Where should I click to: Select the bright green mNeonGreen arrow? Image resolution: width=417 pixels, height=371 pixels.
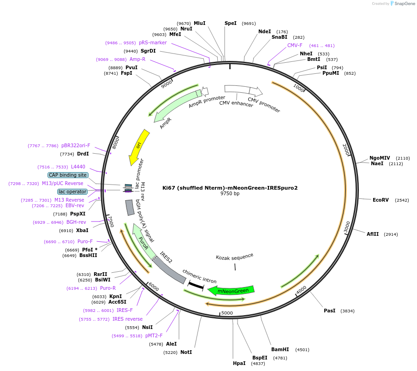tap(232, 291)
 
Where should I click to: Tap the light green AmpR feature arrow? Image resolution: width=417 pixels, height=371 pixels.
tap(177, 106)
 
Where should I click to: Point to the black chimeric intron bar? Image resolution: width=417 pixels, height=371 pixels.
tap(196, 285)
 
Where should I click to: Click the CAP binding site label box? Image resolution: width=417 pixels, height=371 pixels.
tap(68, 175)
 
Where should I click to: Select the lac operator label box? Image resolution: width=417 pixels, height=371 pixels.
tap(72, 191)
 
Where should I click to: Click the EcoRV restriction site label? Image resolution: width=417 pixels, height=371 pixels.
tap(381, 200)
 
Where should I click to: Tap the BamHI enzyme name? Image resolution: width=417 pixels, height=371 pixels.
tap(280, 349)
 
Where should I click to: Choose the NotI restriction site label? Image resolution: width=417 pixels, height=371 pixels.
tap(186, 352)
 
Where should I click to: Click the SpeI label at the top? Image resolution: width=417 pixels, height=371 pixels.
tap(230, 23)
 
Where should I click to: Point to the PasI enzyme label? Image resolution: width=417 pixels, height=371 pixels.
tap(329, 311)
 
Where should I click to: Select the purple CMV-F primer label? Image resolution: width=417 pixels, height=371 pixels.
tap(295, 45)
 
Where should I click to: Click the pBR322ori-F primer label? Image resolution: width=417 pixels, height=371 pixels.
tap(76, 145)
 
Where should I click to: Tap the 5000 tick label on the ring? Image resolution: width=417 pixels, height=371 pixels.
tap(227, 313)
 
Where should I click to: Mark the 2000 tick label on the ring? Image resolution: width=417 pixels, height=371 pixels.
tap(346, 149)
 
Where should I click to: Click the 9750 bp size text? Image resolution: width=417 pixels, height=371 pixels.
tap(230, 193)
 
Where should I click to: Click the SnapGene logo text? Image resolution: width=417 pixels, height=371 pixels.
tap(404, 3)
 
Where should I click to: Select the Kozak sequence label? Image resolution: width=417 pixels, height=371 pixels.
tap(234, 257)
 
